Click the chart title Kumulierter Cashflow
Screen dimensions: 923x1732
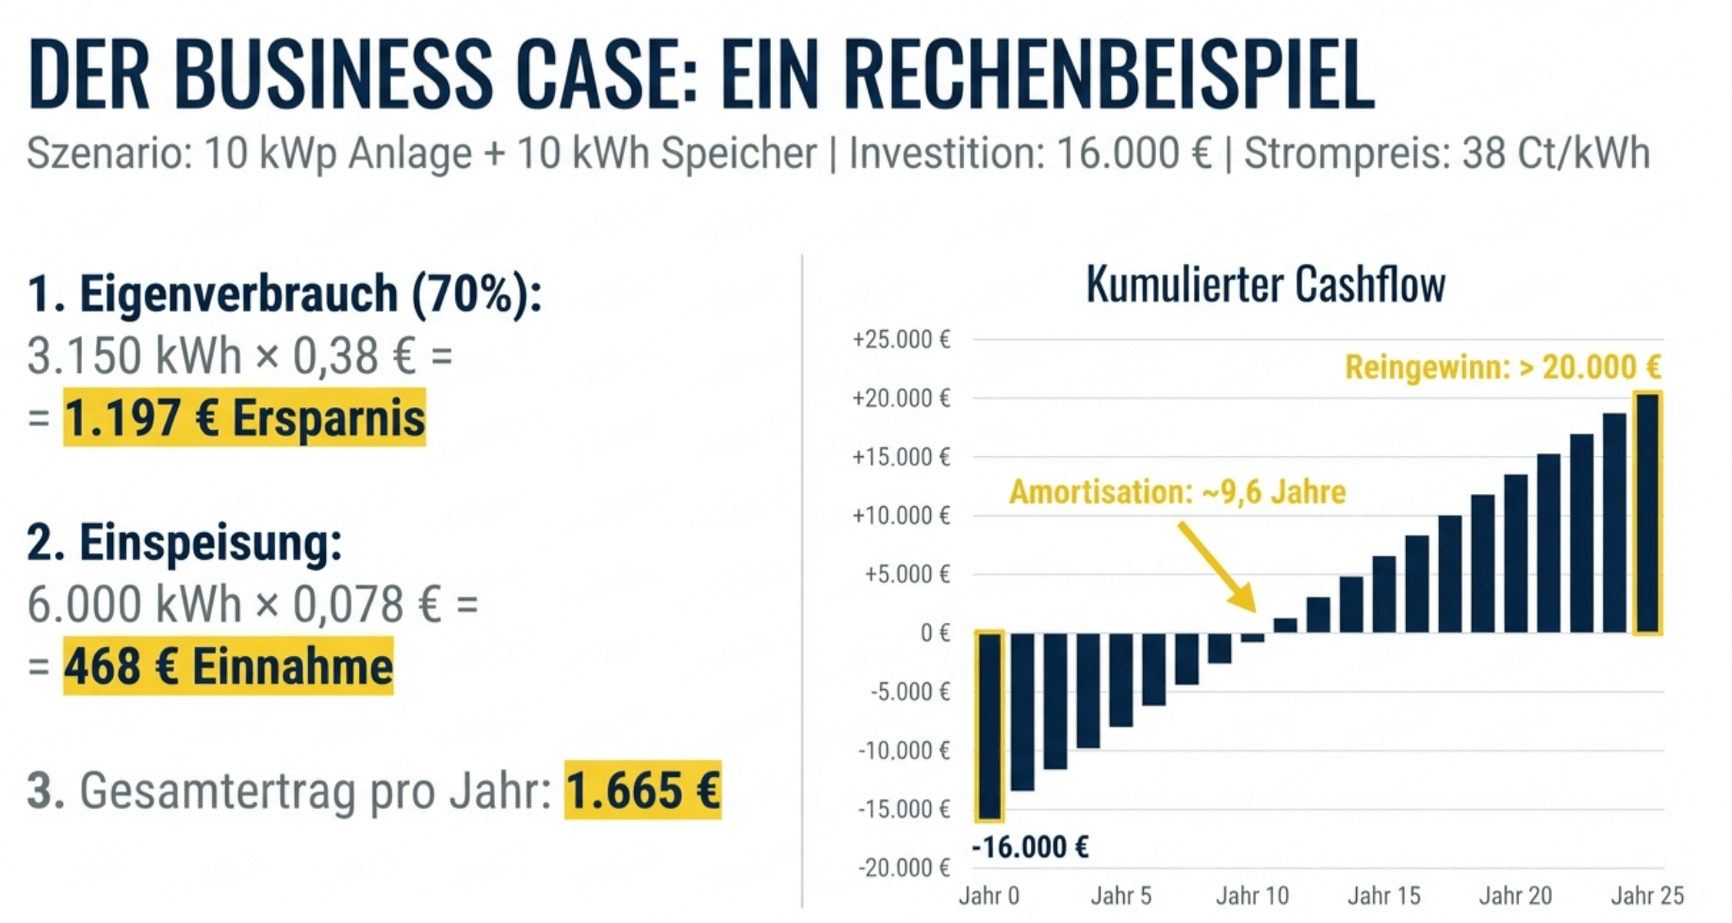click(x=1265, y=284)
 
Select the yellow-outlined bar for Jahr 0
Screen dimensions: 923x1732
click(x=989, y=725)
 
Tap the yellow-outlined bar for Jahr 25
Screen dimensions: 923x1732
click(x=1646, y=514)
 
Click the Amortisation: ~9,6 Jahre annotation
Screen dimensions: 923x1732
click(x=1177, y=492)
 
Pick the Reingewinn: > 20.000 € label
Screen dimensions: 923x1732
click(x=1502, y=367)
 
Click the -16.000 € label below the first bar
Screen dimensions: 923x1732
click(x=1030, y=847)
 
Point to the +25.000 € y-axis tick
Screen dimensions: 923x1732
click(x=901, y=339)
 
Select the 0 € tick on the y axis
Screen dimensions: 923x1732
click(x=935, y=633)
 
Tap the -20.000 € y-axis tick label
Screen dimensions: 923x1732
click(x=904, y=867)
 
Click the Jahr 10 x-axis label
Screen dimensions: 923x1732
click(x=1251, y=896)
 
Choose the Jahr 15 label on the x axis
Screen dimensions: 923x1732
click(x=1383, y=896)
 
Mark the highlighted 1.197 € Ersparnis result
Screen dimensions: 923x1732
click(x=245, y=418)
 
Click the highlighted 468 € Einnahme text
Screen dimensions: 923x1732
click(x=228, y=667)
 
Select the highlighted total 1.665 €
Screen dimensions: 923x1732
click(x=643, y=790)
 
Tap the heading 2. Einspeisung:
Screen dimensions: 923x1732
click(x=185, y=542)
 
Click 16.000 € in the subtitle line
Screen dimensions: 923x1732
click(x=1134, y=153)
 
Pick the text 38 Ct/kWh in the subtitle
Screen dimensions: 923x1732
click(x=1555, y=153)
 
